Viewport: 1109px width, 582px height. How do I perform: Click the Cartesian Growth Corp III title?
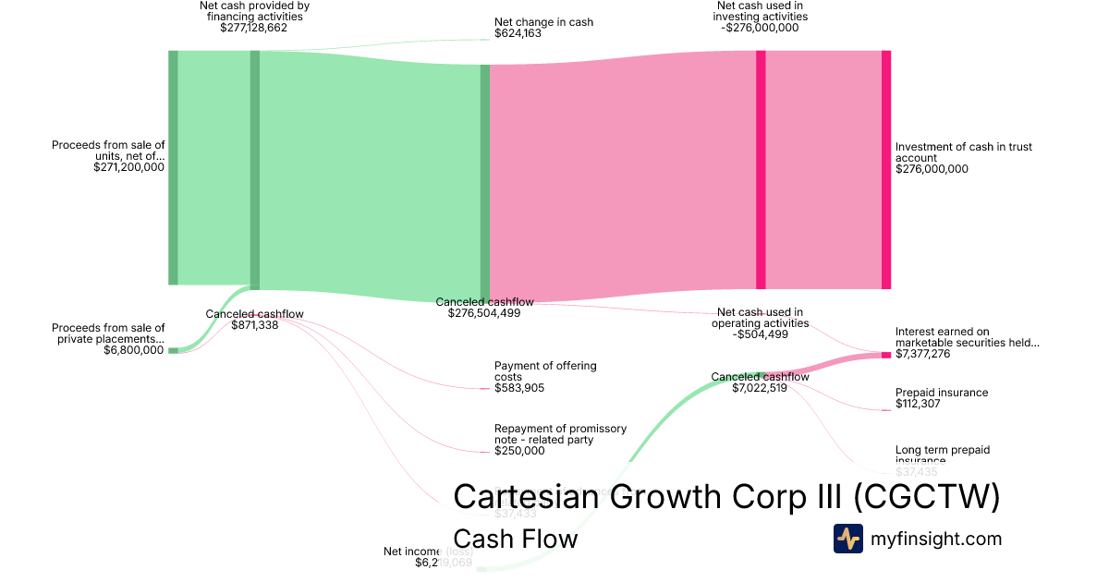coord(725,497)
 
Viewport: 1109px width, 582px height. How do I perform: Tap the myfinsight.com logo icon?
coord(847,539)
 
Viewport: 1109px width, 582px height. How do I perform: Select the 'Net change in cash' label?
coord(543,22)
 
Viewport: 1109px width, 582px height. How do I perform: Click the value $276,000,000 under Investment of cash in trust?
coord(932,169)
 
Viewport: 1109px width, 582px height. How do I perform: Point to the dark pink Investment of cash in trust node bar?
coord(885,169)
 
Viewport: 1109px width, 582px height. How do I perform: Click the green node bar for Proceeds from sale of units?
coord(173,167)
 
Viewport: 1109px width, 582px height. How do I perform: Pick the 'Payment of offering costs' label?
coord(545,371)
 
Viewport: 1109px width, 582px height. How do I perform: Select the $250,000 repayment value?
coord(519,451)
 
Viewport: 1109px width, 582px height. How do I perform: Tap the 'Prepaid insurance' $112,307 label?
coord(942,398)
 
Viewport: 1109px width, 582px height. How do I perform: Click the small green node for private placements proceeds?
coord(173,350)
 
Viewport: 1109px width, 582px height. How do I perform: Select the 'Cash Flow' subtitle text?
coord(515,539)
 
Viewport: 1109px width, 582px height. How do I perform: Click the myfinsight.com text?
coord(936,539)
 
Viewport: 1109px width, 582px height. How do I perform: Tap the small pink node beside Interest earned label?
coord(885,355)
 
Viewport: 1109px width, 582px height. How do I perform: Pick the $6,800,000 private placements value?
coord(134,350)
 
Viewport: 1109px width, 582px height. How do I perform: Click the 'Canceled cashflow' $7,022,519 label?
coord(760,382)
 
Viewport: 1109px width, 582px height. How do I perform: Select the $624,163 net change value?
coord(518,33)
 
